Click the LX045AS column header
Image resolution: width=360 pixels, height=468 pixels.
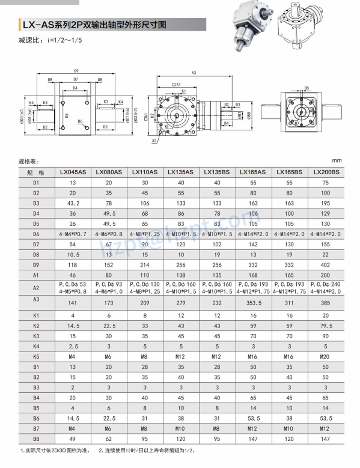click(x=73, y=172)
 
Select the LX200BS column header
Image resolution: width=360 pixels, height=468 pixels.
click(x=326, y=172)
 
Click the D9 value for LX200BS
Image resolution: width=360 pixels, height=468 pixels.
click(x=326, y=264)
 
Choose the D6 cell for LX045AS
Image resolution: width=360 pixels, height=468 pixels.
click(x=73, y=233)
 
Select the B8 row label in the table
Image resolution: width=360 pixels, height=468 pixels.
click(x=36, y=438)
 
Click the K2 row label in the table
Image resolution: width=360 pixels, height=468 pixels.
click(x=36, y=325)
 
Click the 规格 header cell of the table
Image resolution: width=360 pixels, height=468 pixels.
click(x=36, y=172)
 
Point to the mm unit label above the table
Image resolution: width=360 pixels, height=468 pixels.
click(x=336, y=161)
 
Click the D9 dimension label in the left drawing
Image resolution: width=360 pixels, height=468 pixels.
click(x=76, y=71)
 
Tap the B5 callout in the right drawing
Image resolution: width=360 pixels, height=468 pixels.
click(x=306, y=88)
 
